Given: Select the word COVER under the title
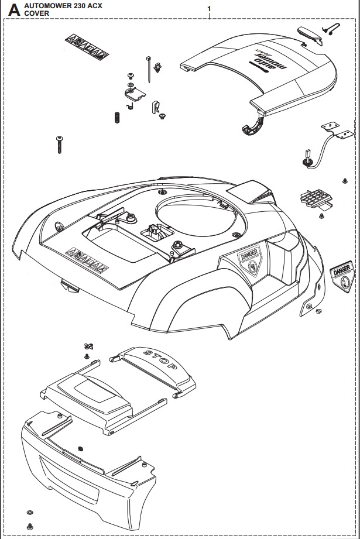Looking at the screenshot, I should pos(37,12).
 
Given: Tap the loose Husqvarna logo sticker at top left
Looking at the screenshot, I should pos(86,52).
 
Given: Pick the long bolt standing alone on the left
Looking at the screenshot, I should pos(59,144).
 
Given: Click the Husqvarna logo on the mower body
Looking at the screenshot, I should pos(87,265).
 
